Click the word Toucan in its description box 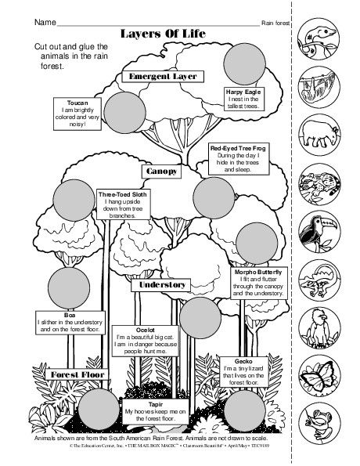point(77,103)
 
